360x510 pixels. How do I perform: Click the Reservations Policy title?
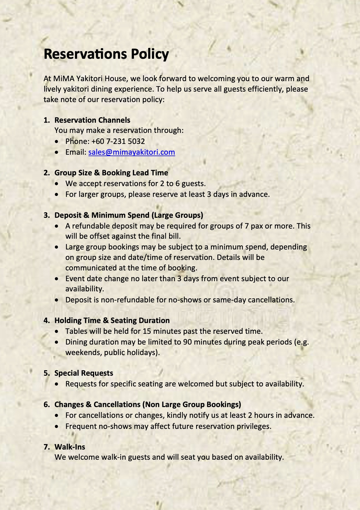[x=106, y=54]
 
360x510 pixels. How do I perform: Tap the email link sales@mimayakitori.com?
[x=132, y=152]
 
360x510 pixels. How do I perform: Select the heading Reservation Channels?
[x=92, y=120]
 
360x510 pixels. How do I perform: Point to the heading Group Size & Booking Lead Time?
[x=111, y=173]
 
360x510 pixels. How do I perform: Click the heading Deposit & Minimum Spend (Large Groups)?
[x=129, y=215]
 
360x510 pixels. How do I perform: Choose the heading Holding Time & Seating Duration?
[x=112, y=320]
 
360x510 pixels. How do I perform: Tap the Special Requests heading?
[x=84, y=373]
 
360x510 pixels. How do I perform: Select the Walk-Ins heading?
[x=70, y=447]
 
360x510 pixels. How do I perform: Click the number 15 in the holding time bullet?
[x=147, y=331]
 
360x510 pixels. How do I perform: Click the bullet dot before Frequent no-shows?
[x=58, y=427]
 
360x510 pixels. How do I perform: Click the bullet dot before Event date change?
[x=58, y=279]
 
